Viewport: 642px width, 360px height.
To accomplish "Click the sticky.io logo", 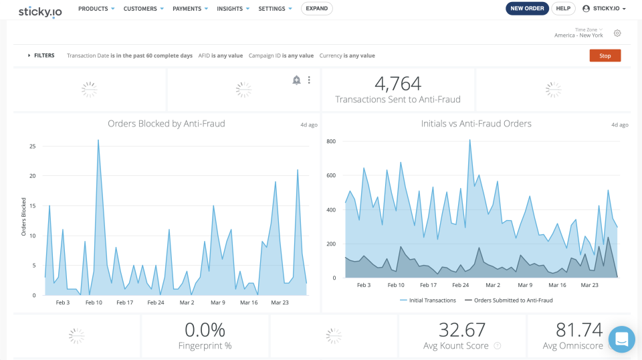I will pos(40,11).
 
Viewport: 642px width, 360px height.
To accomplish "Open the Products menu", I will pos(96,9).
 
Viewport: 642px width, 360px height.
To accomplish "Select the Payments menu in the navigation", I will pos(190,9).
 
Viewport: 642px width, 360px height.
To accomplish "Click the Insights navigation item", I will pos(233,9).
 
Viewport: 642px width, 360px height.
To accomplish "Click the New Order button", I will pos(527,9).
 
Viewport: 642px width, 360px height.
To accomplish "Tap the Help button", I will pos(563,9).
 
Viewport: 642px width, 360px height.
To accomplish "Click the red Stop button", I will pos(605,56).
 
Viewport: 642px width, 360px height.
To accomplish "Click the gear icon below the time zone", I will pos(617,33).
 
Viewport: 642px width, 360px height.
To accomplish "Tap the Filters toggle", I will pos(41,56).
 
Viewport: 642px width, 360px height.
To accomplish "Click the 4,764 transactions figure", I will pos(398,84).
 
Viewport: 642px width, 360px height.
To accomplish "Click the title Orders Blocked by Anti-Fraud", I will pos(167,123).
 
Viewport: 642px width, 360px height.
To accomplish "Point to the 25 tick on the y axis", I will pos(32,146).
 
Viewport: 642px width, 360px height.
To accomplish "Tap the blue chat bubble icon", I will pos(621,339).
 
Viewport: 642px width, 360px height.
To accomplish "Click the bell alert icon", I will pos(296,80).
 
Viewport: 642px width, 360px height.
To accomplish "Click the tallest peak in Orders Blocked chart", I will pos(98,141).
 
